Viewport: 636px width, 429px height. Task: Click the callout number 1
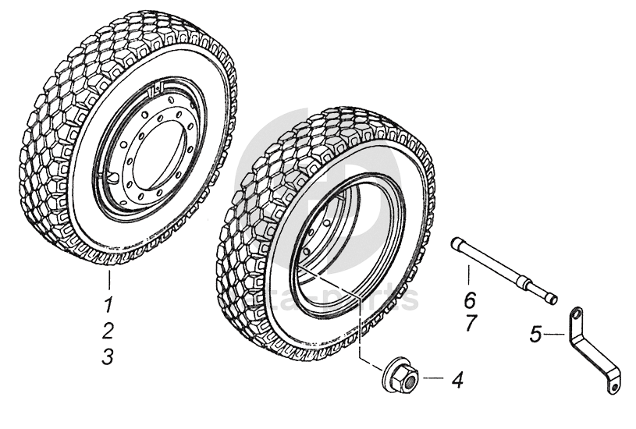tap(109, 303)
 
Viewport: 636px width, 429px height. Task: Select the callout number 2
tap(109, 329)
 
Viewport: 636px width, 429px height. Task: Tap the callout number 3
tap(108, 356)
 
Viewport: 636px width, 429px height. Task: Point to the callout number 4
tap(457, 381)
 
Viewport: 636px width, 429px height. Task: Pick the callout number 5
tap(535, 335)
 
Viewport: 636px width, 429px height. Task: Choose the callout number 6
tap(470, 298)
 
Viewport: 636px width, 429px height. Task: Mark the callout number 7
tap(471, 324)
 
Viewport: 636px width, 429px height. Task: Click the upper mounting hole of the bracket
tap(576, 314)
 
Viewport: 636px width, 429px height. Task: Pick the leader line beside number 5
tap(555, 334)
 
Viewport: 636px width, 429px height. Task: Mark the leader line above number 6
tap(469, 275)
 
